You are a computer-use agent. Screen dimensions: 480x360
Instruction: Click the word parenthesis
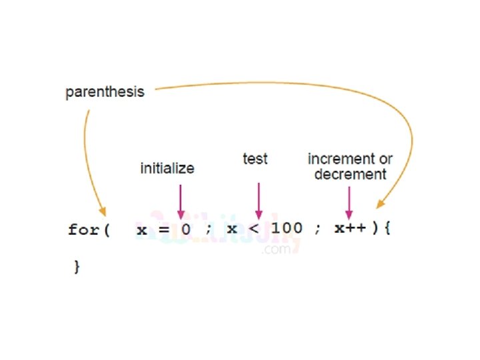pyautogui.click(x=105, y=93)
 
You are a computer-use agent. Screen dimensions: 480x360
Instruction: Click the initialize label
pyautogui.click(x=167, y=169)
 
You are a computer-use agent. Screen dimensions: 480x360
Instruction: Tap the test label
pyautogui.click(x=255, y=159)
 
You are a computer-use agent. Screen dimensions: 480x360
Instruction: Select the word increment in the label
pyautogui.click(x=340, y=159)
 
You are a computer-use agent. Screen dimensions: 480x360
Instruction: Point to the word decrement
pyautogui.click(x=351, y=175)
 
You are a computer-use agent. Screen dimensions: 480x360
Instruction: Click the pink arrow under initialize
pyautogui.click(x=180, y=200)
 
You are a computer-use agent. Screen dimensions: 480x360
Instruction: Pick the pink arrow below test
pyautogui.click(x=258, y=199)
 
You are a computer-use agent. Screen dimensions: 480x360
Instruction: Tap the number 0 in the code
pyautogui.click(x=186, y=229)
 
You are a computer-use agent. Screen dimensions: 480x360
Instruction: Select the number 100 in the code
pyautogui.click(x=287, y=229)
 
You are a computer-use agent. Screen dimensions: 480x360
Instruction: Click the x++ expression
pyautogui.click(x=350, y=229)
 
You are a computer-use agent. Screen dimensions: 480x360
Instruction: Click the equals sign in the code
pyautogui.click(x=163, y=229)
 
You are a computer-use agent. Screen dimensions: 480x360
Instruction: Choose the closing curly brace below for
pyautogui.click(x=76, y=267)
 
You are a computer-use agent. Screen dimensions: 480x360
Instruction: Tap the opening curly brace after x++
pyautogui.click(x=389, y=229)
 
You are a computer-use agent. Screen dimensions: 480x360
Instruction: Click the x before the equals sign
pyautogui.click(x=142, y=230)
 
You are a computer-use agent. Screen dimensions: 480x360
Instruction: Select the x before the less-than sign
pyautogui.click(x=232, y=230)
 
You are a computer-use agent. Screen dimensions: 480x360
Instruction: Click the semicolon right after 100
pyautogui.click(x=318, y=230)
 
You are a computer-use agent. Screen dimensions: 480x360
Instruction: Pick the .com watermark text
pyautogui.click(x=277, y=249)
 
